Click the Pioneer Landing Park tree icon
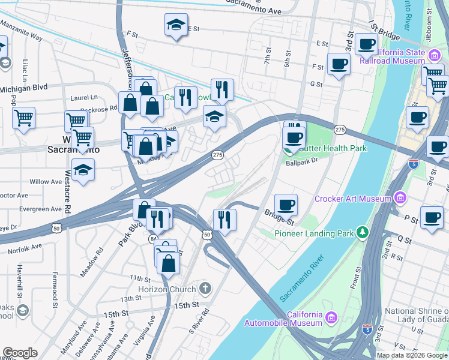point(362,232)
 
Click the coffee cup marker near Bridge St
point(286,205)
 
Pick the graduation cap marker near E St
point(176,25)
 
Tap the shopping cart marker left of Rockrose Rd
point(23,118)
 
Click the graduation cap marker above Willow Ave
point(83,170)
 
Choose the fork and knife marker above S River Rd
point(224,219)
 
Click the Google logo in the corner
point(20,353)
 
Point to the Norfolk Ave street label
point(26,246)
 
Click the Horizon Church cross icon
point(205,289)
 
